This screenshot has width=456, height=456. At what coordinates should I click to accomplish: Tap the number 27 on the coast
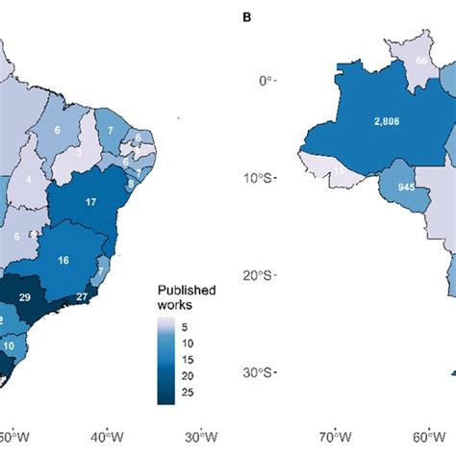tap(109, 297)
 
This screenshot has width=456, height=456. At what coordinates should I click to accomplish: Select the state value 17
tap(90, 202)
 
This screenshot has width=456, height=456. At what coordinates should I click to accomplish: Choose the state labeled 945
tap(393, 186)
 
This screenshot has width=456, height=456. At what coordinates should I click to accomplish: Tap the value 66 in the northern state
tap(420, 60)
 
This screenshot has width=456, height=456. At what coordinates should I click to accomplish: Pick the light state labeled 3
tap(78, 151)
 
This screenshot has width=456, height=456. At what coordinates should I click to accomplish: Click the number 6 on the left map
tap(58, 131)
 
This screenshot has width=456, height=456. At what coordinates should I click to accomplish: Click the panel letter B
tap(248, 13)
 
